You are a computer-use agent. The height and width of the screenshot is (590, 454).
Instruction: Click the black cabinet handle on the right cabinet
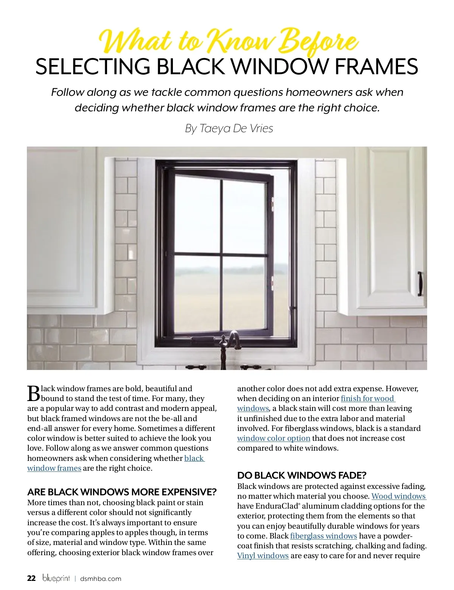420,283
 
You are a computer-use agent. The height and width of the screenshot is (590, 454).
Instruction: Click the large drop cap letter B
33,393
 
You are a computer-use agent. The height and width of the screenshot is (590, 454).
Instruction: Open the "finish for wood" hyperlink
367,398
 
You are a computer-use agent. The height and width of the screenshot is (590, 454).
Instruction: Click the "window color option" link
274,438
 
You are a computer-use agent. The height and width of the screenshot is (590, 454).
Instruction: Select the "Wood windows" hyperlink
398,496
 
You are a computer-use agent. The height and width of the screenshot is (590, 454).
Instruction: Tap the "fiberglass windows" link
323,536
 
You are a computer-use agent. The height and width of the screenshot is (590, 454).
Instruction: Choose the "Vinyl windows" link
263,556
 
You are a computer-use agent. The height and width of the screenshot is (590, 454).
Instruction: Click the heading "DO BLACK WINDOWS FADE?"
302,475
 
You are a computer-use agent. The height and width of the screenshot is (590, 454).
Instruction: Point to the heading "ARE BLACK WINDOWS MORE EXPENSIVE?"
122,492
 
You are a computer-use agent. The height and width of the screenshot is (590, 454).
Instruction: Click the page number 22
31,578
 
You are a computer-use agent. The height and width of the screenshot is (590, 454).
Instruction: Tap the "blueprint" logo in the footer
56,578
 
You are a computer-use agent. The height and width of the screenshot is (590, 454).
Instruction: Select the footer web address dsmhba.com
101,579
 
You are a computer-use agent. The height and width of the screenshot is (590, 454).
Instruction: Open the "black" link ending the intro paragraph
194,458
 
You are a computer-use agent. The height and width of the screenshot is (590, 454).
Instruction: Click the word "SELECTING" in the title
93,66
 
